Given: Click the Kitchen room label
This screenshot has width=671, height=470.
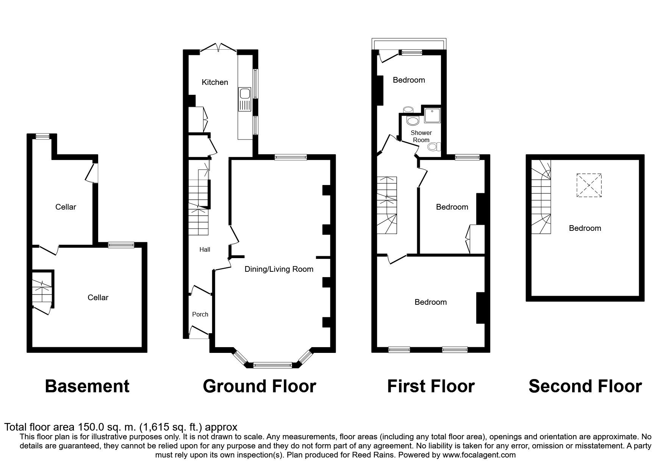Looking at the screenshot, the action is pyautogui.click(x=215, y=82).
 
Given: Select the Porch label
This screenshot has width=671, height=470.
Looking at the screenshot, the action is pyautogui.click(x=200, y=314).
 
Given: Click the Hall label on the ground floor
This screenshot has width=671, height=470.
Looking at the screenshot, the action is pyautogui.click(x=205, y=249).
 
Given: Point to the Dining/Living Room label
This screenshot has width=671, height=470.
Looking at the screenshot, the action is pyautogui.click(x=279, y=269).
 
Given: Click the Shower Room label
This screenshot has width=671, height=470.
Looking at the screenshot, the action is pyautogui.click(x=421, y=136).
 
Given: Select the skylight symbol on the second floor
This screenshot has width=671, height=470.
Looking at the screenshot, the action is pyautogui.click(x=589, y=185).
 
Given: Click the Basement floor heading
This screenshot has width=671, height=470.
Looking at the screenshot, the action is pyautogui.click(x=87, y=386).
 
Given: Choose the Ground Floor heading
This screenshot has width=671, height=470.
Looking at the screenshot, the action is pyautogui.click(x=260, y=386).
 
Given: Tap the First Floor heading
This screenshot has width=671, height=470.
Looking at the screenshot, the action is pyautogui.click(x=431, y=386).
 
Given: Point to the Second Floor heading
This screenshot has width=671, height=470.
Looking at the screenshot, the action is pyautogui.click(x=585, y=386).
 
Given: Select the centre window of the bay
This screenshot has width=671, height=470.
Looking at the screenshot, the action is pyautogui.click(x=272, y=365).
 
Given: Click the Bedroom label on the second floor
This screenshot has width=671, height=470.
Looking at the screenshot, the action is pyautogui.click(x=585, y=228).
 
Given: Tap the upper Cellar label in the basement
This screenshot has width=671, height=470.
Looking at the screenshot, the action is pyautogui.click(x=66, y=207).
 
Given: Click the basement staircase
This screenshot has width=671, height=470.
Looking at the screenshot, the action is pyautogui.click(x=41, y=291).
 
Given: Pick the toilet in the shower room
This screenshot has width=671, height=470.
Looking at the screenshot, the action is pyautogui.click(x=437, y=146).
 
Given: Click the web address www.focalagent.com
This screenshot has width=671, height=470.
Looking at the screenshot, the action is pyautogui.click(x=479, y=455).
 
